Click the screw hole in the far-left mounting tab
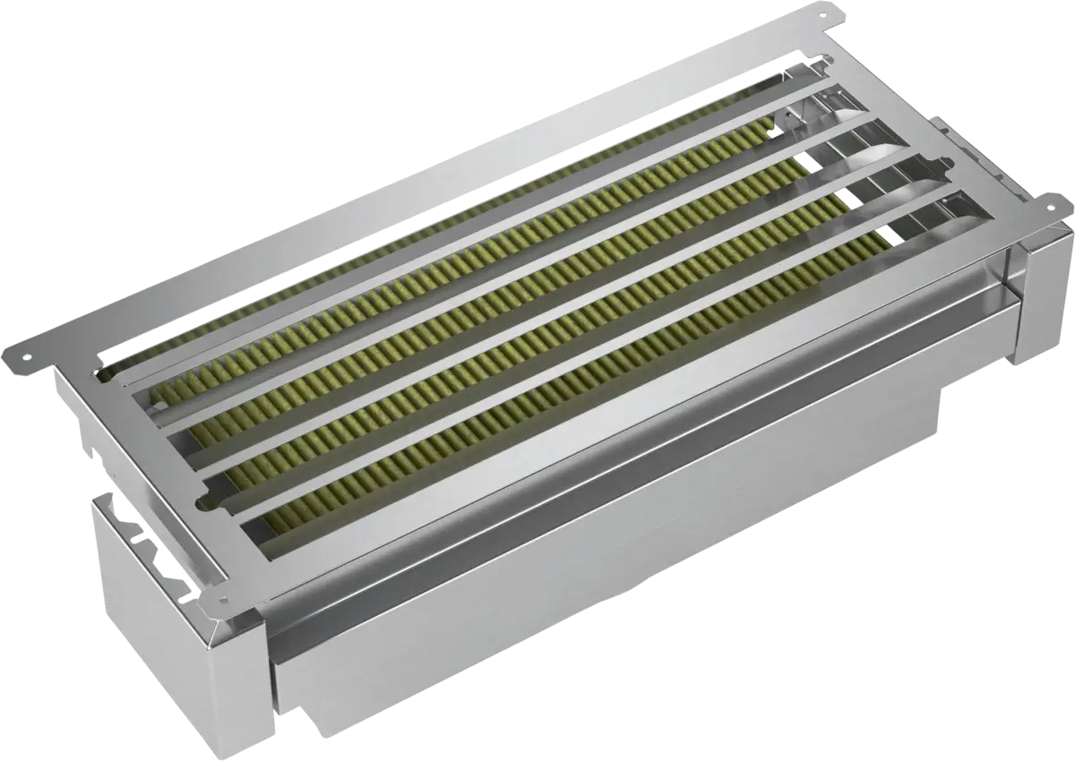point(25,355)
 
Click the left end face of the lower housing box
point(179,627)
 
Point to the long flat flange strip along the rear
point(403,179)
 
